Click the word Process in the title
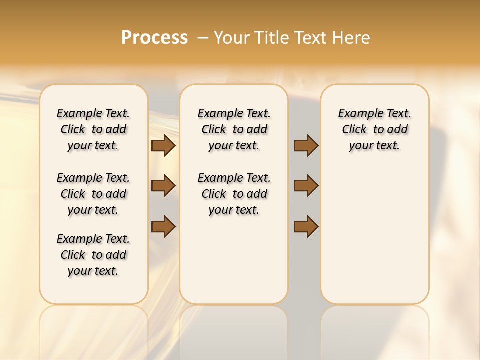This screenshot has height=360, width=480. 154,38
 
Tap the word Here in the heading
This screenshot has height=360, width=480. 352,38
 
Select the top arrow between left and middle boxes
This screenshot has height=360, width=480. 163,146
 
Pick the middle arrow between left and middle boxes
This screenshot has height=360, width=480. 163,186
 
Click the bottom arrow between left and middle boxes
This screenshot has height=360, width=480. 163,226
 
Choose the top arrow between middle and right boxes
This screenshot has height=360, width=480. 306,146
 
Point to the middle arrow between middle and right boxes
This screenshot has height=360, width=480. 306,186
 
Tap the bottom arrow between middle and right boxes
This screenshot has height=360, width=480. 306,226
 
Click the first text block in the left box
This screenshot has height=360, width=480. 93,129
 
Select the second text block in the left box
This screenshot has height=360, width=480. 93,194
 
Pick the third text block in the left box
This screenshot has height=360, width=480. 93,255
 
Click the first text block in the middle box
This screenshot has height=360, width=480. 234,129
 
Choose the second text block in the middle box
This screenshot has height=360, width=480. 234,194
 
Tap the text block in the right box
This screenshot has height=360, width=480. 375,129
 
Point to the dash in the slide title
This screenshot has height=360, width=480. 203,38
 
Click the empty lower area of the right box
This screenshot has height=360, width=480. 375,240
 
